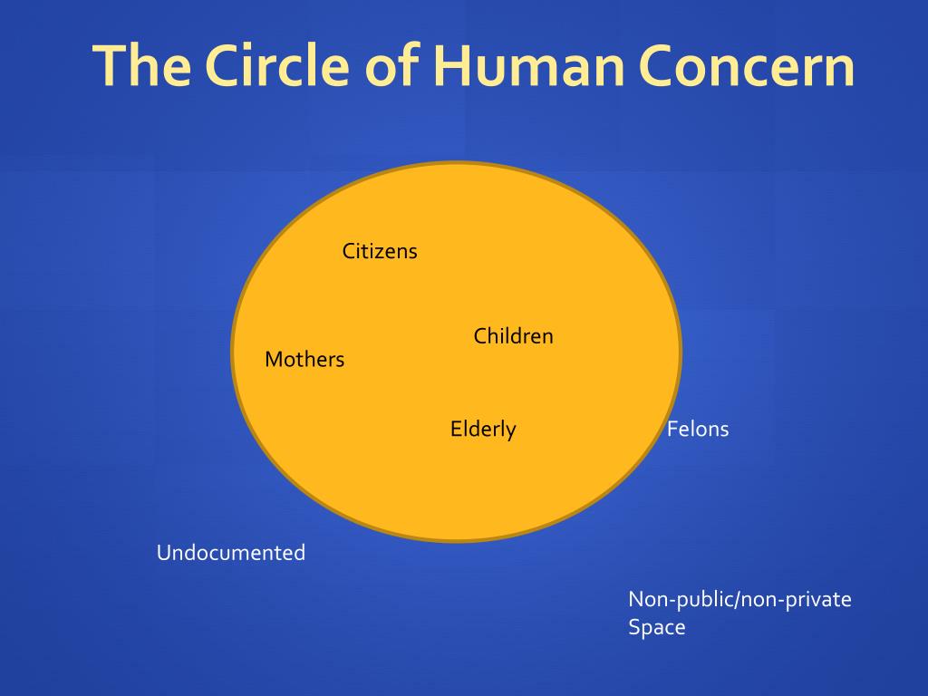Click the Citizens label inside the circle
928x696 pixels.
[x=380, y=251]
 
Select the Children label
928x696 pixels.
[x=513, y=336]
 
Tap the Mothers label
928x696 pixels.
[x=304, y=360]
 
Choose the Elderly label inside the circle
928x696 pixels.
[x=483, y=429]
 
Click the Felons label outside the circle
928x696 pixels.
[x=698, y=429]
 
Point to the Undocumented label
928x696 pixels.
[x=231, y=553]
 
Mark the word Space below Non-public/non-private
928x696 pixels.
[x=657, y=627]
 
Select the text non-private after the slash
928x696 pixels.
[x=797, y=599]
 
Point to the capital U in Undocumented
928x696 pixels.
[x=164, y=553]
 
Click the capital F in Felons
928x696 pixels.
[x=672, y=429]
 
